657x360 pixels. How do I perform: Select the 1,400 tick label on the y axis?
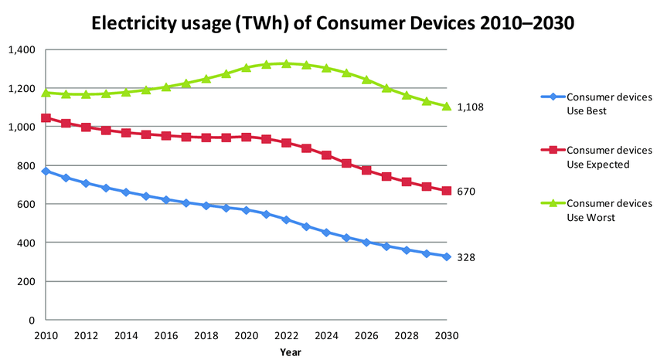[21, 49]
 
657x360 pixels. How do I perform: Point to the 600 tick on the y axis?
[27, 204]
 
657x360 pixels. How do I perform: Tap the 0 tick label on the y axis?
[32, 320]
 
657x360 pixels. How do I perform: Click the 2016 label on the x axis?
[166, 336]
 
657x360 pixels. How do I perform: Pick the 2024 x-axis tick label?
[326, 336]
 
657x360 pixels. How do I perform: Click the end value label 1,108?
[471, 107]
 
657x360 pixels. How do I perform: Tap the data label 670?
[466, 192]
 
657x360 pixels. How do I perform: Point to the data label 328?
[466, 257]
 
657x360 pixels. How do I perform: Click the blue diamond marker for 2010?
[46, 172]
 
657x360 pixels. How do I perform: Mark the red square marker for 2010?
[46, 118]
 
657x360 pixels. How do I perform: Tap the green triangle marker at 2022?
[286, 64]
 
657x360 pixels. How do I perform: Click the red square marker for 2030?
[447, 191]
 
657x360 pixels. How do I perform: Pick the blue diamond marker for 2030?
[447, 256]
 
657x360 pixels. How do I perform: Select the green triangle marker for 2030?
[447, 106]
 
